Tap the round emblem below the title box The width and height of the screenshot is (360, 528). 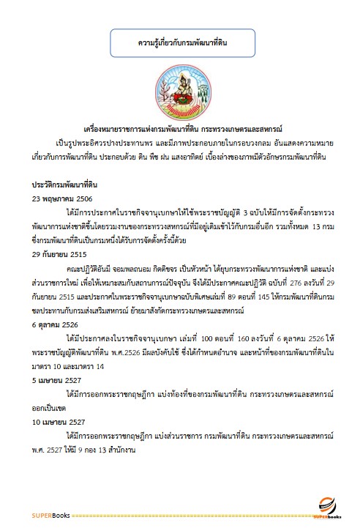coord(183,92)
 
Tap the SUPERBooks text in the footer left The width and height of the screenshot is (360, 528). coord(50,516)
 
